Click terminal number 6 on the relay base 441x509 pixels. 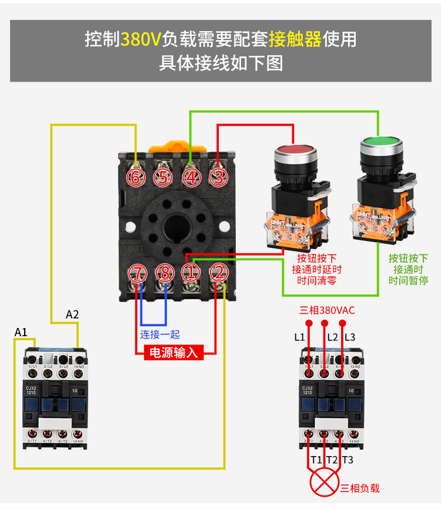click(x=136, y=177)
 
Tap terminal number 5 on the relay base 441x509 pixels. click(x=163, y=177)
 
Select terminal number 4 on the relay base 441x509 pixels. click(x=191, y=177)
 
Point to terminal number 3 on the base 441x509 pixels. click(x=218, y=177)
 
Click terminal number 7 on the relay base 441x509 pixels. click(x=136, y=273)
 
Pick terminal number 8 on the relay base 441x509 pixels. click(x=164, y=273)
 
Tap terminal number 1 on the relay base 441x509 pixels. click(x=191, y=272)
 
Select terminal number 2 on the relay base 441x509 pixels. click(x=218, y=272)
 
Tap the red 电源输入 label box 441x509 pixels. click(x=175, y=353)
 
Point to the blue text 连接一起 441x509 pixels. click(x=160, y=334)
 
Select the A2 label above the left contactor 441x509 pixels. click(x=72, y=314)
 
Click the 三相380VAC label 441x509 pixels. click(x=327, y=310)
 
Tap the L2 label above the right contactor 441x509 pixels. click(x=332, y=337)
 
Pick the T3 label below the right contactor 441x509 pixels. click(x=348, y=460)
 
